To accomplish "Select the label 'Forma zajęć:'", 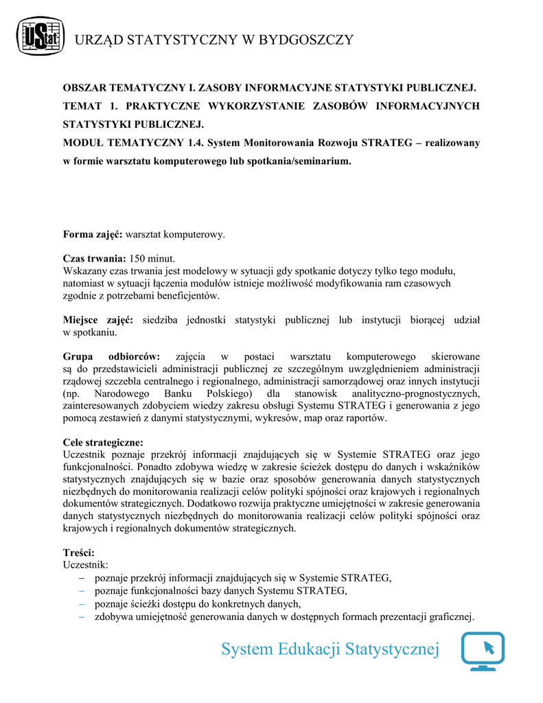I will click(93, 235).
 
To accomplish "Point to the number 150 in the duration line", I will click(138, 259).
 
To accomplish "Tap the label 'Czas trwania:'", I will click(95, 259).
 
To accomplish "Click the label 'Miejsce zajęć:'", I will click(98, 320).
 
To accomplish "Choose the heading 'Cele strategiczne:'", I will click(103, 442).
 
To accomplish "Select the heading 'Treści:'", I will click(79, 553).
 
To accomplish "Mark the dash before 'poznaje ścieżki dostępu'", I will click(82, 604).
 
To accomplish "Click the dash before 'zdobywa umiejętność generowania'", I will click(82, 616).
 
